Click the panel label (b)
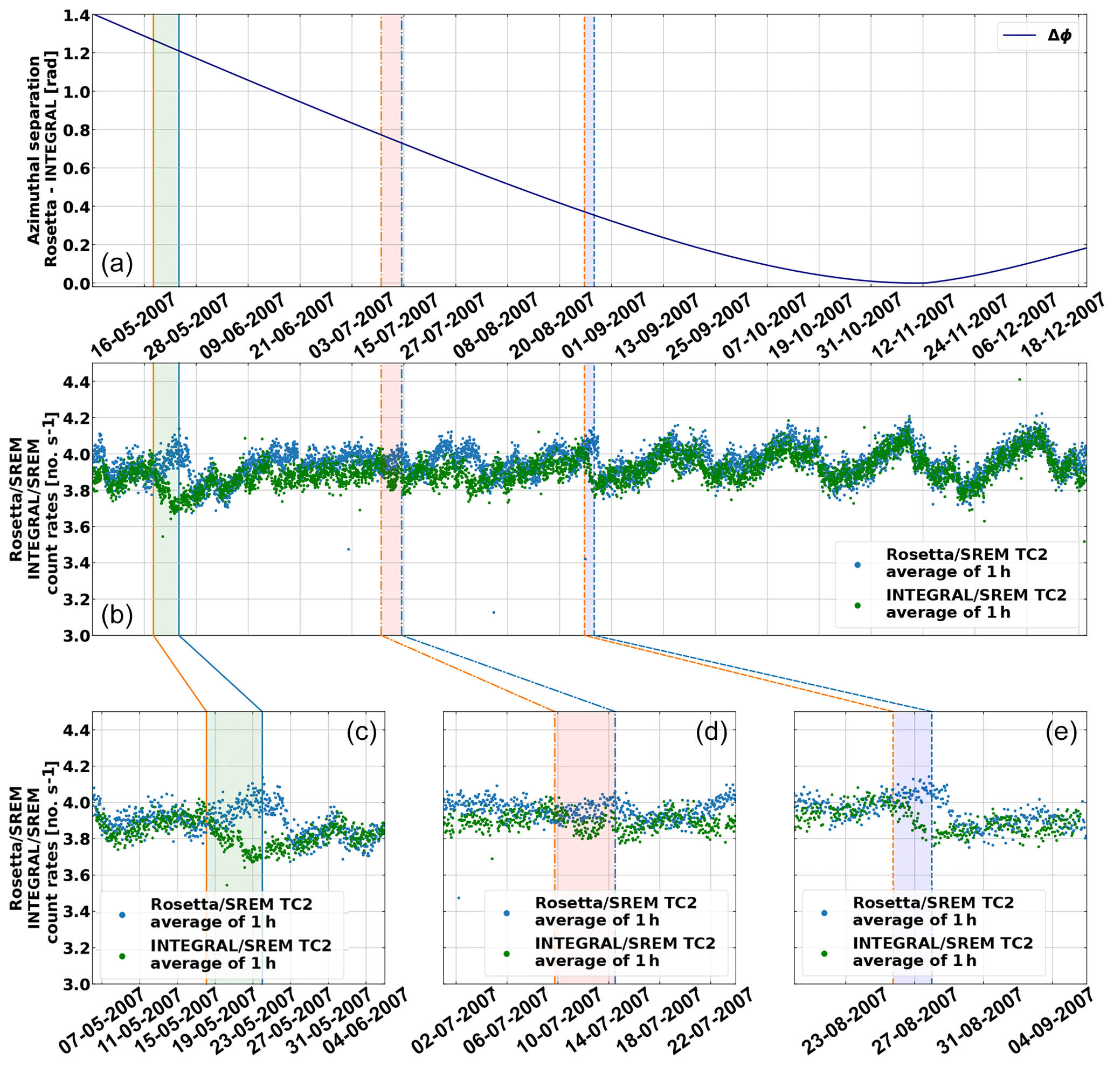[x=117, y=615]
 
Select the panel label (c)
[x=362, y=733]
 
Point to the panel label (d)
[x=711, y=733]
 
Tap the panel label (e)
[x=1061, y=733]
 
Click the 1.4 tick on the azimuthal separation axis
[x=76, y=16]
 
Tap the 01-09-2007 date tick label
[x=605, y=325]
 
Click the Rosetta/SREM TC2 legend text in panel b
[x=966, y=562]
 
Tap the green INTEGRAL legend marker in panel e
[x=824, y=954]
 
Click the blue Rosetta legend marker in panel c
[x=122, y=915]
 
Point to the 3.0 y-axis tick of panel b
[x=76, y=636]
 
